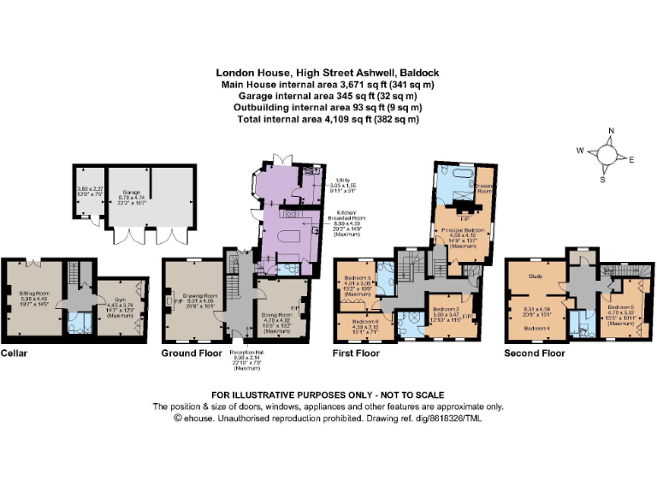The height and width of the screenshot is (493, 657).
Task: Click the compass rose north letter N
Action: click(x=610, y=131)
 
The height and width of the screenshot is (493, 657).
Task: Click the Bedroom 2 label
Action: click(x=446, y=309)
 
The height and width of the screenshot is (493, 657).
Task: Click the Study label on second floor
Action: click(x=537, y=276)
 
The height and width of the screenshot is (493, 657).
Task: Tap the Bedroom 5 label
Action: click(x=620, y=306)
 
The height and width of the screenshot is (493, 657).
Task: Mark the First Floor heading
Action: click(x=356, y=353)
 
